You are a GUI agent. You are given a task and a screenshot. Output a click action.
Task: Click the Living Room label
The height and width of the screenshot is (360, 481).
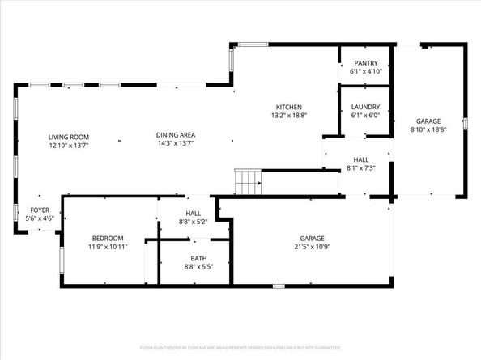click(x=68, y=137)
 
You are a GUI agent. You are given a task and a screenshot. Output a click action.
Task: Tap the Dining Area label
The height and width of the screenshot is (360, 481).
click(x=176, y=135)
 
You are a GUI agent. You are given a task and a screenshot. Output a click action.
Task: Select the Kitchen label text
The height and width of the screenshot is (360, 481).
click(x=288, y=107)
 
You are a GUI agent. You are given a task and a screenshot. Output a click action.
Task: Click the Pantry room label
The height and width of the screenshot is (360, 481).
click(x=365, y=62)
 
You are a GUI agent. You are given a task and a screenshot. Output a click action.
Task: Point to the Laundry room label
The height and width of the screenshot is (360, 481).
click(x=365, y=106)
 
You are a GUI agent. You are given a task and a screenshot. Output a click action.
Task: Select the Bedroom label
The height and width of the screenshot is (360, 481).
click(x=107, y=238)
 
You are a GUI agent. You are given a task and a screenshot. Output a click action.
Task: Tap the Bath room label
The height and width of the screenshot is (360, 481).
click(x=198, y=258)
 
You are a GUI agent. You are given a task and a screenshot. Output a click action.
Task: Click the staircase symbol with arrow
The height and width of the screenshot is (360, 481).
click(x=247, y=182)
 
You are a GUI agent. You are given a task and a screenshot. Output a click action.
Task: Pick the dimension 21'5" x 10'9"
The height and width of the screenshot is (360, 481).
click(x=313, y=247)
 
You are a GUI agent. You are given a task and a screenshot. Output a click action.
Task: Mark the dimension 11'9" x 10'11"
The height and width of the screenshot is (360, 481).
click(x=107, y=247)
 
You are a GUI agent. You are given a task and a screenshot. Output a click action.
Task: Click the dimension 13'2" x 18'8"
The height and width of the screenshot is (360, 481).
click(x=288, y=116)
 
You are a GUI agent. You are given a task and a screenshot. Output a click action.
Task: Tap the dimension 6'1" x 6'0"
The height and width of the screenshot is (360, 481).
click(x=365, y=115)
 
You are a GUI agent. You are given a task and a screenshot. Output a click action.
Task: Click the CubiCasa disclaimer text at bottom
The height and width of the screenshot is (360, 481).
click(x=240, y=348)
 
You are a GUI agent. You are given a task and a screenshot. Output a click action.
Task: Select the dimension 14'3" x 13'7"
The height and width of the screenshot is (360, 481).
click(x=176, y=145)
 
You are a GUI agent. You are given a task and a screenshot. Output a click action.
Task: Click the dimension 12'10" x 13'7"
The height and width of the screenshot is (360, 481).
click(x=68, y=146)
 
